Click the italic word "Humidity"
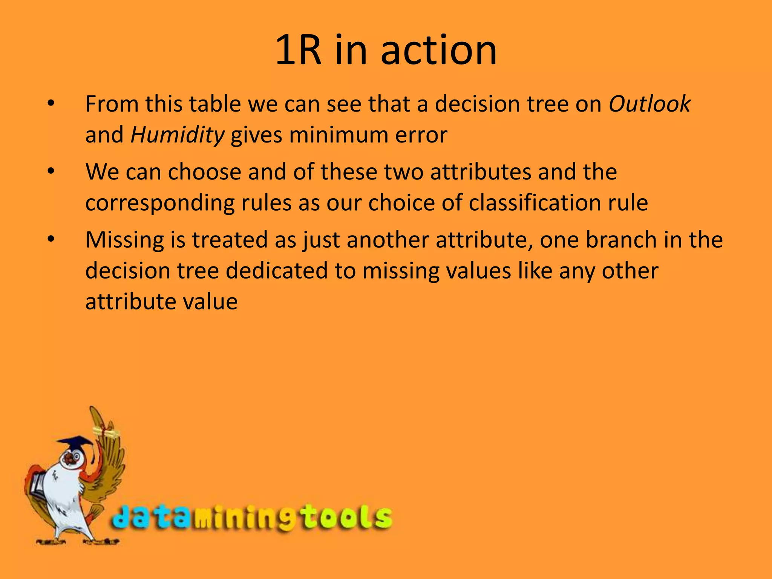coord(177,135)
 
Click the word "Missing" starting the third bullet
coord(124,240)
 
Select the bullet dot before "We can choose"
coord(51,172)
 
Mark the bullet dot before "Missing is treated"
coord(51,240)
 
